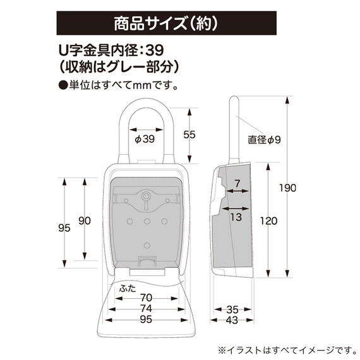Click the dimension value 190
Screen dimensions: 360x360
tap(287, 188)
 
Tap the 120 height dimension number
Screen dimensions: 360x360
tap(268, 221)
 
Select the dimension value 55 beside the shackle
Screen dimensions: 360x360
tap(189, 135)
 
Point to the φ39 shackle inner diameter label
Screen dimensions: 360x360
tap(145, 139)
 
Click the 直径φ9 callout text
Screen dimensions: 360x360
tap(264, 140)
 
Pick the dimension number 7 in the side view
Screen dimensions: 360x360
tap(237, 183)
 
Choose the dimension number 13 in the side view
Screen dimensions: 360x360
tap(236, 217)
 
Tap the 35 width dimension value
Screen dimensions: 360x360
tap(232, 309)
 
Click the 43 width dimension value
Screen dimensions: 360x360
tap(232, 320)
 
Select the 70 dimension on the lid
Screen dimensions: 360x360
tap(147, 298)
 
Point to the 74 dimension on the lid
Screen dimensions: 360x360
tap(147, 309)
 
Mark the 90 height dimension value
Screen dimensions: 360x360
tap(85, 220)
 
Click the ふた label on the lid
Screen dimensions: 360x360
tap(128, 289)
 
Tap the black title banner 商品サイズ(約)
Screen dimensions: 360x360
tap(167, 23)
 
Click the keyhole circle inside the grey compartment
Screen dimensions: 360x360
tap(145, 196)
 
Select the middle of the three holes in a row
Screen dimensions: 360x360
tap(147, 222)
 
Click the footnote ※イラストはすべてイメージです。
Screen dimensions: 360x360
tap(287, 351)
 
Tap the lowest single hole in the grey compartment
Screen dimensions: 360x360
tap(147, 246)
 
